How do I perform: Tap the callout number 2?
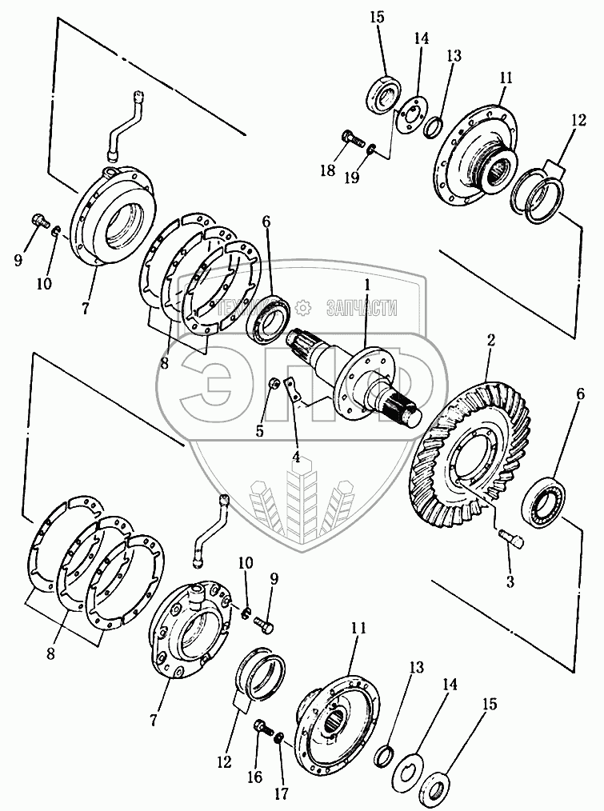pos(491,342)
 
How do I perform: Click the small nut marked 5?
pos(273,384)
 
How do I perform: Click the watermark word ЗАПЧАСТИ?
pos(362,307)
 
